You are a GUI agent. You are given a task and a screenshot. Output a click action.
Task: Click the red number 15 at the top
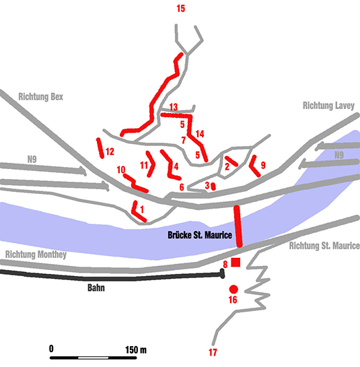[181, 9]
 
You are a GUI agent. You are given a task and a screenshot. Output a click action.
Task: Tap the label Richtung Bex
[40, 97]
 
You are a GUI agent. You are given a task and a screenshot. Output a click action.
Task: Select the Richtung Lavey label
[328, 106]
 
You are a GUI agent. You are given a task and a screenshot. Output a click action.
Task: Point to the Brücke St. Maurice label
[200, 235]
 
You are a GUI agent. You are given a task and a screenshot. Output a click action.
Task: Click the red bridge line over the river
[238, 226]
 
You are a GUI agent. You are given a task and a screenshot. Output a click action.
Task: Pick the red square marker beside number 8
[236, 262]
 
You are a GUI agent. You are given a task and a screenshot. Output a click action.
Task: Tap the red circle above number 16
[233, 290]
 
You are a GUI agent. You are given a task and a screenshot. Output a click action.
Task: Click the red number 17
[213, 352]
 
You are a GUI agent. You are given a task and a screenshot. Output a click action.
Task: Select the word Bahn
[96, 288]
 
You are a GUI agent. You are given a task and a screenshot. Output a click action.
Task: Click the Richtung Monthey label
[36, 255]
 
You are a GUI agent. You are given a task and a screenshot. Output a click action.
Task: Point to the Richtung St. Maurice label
[324, 246]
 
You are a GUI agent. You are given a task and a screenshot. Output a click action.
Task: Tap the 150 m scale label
[136, 350]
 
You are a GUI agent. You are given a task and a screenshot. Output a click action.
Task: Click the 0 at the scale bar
[51, 349]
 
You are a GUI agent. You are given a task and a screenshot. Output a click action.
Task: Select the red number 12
[110, 152]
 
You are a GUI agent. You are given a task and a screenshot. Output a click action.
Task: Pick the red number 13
[174, 107]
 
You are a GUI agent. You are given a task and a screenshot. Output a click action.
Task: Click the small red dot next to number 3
[213, 187]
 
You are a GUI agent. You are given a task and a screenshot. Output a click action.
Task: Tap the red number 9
[263, 165]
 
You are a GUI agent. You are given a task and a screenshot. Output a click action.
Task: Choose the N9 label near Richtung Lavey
[339, 155]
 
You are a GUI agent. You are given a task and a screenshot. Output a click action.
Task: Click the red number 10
[121, 170]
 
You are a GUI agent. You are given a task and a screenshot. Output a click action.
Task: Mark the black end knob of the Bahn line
[222, 273]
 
